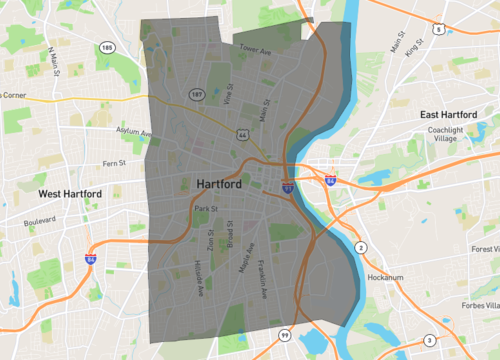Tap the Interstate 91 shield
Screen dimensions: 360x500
287,186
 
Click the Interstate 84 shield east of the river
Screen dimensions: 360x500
330,181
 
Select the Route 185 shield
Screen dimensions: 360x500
107,47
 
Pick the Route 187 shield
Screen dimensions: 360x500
198,94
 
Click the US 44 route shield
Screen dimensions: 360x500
243,134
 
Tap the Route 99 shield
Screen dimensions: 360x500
284,334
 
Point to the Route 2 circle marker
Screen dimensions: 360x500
361,247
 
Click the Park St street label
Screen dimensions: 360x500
206,208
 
